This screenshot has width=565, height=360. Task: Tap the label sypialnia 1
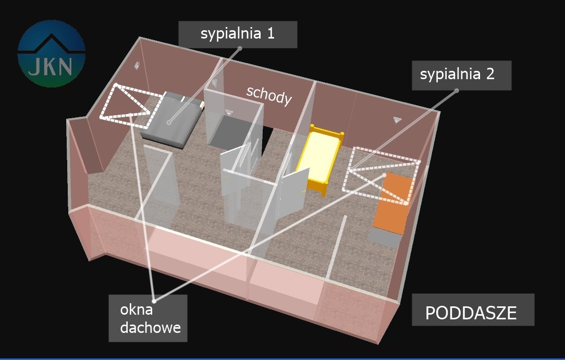[238, 34]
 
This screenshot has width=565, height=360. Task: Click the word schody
[268, 95]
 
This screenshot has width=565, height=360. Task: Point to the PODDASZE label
[471, 313]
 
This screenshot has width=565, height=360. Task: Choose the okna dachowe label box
[148, 318]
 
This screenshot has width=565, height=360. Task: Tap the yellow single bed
[319, 157]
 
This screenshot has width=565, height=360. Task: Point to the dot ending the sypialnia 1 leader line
[169, 123]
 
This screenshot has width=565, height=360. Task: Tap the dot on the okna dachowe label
[155, 300]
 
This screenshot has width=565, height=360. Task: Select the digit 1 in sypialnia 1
[270, 34]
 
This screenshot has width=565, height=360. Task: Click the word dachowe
[150, 328]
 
